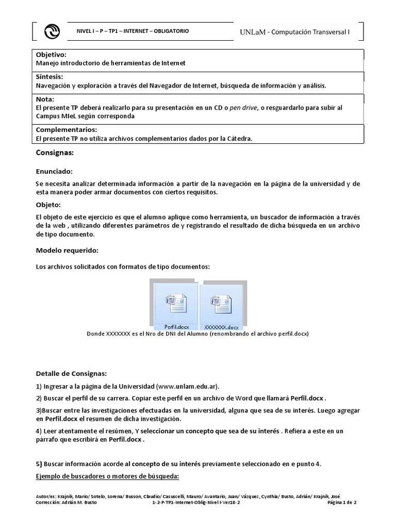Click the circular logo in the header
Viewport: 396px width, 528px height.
[x=52, y=32]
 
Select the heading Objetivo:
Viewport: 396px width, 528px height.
[x=51, y=55]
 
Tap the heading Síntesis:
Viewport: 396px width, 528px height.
[x=49, y=77]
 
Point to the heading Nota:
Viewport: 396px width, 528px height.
[x=45, y=99]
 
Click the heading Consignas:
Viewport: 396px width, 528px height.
[x=55, y=153]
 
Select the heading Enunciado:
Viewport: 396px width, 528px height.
[x=54, y=171]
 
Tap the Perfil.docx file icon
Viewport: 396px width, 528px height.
[x=174, y=304]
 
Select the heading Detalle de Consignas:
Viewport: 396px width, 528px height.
[x=72, y=373]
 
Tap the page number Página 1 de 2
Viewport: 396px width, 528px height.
[x=346, y=502]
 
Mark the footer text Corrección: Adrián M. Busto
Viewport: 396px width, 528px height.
[x=66, y=502]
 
